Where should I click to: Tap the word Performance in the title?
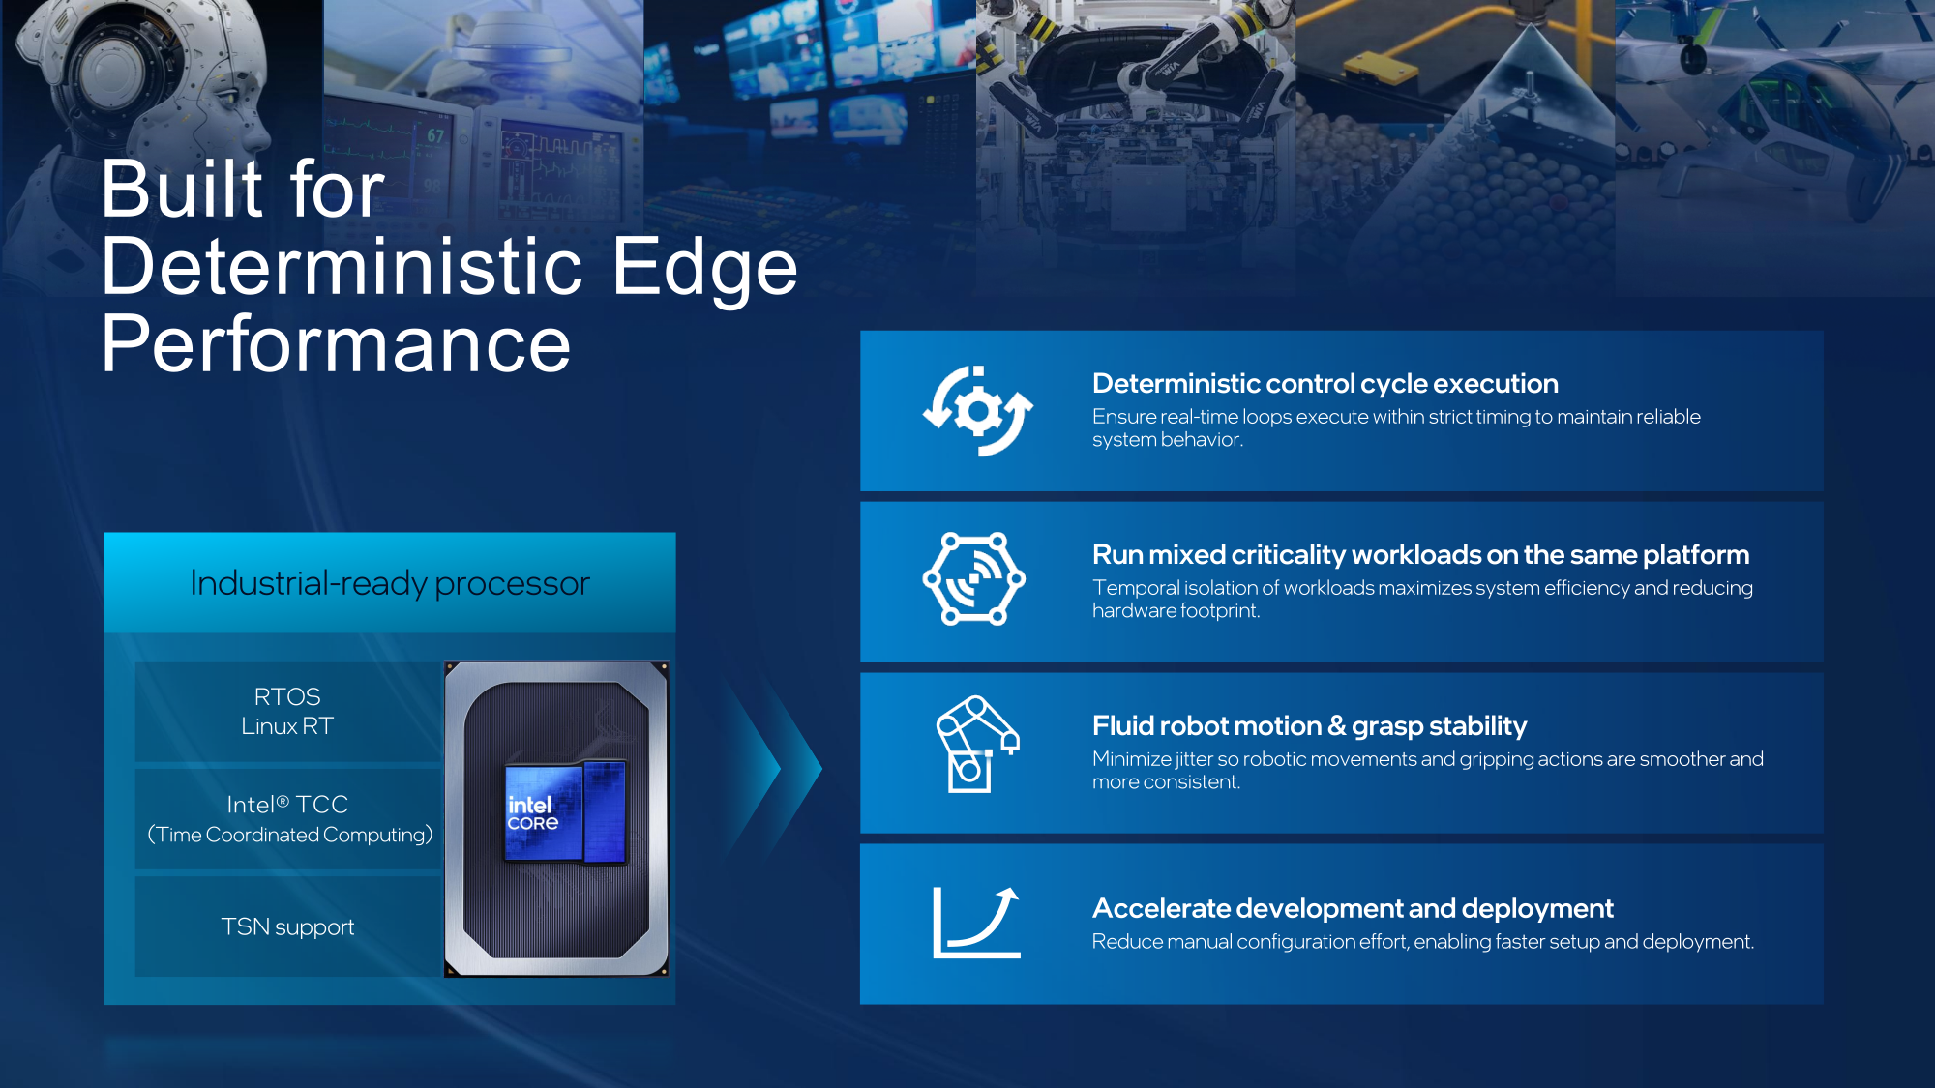coord(337,344)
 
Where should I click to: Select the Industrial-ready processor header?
coord(390,583)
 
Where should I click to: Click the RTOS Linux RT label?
coord(287,711)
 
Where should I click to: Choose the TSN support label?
coord(287,926)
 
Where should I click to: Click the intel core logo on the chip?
coord(532,813)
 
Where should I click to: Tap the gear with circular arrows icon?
coord(977,411)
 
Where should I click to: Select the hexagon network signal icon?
coord(974,578)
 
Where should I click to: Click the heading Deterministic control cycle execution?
coord(1325,384)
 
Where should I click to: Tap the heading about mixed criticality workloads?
coord(1421,555)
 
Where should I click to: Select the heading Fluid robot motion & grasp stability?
coord(1310,726)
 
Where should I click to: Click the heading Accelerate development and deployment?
coord(1353,909)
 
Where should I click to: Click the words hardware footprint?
coord(1176,611)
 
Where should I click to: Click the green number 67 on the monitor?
coord(436,135)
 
